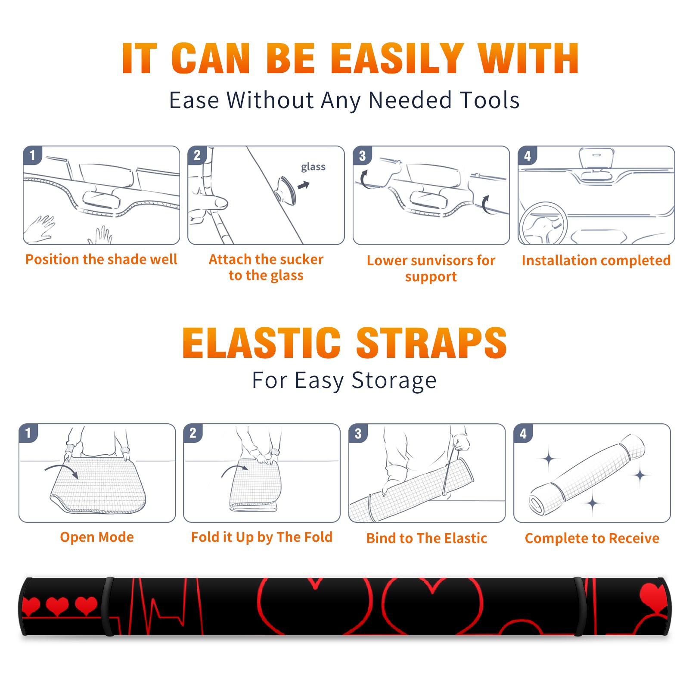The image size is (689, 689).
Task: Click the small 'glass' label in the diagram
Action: point(313,167)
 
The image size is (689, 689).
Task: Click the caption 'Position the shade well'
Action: point(101,259)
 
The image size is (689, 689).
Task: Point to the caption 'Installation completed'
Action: point(596,261)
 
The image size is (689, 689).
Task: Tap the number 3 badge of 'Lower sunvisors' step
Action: point(362,156)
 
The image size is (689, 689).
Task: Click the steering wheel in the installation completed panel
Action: point(543,224)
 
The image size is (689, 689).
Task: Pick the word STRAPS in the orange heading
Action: point(431,343)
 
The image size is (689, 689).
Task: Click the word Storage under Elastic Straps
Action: point(394,381)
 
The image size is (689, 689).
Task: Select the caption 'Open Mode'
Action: point(97,537)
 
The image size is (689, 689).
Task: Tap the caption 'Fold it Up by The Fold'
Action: point(262,537)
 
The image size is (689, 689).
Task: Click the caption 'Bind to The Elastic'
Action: point(427,538)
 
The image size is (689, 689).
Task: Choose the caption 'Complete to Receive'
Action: point(592,538)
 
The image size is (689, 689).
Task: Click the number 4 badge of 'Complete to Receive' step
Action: point(523,433)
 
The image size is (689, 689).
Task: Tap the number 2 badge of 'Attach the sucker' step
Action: point(197,155)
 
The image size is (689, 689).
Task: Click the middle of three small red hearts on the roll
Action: point(57,606)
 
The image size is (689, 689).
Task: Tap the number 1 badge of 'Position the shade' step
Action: point(32,155)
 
